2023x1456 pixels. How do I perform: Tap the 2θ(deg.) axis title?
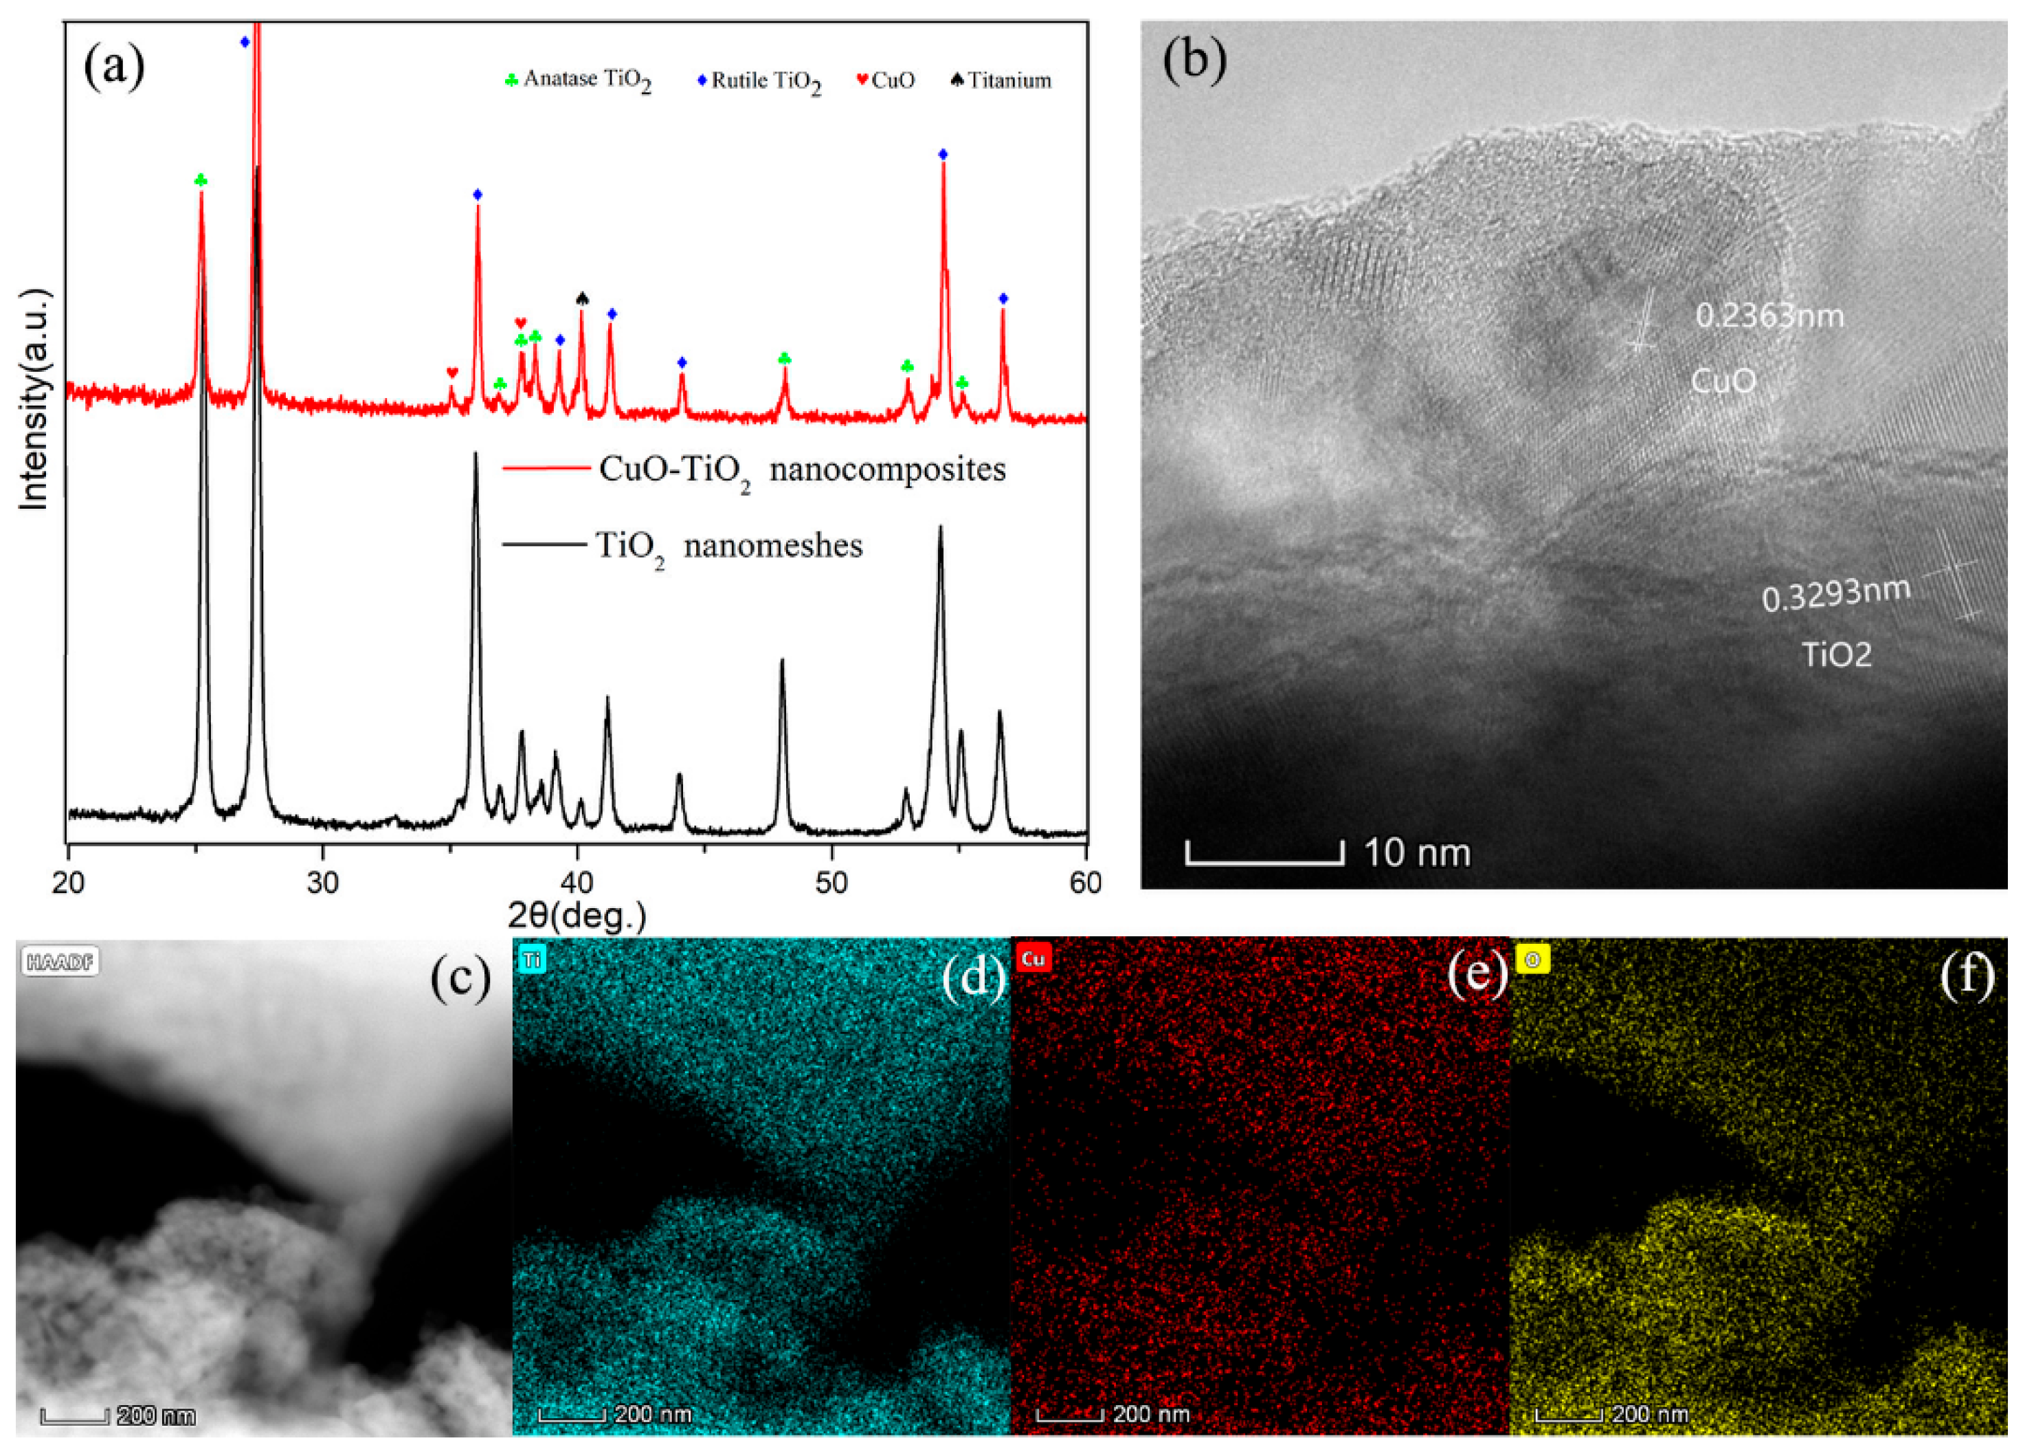[577, 916]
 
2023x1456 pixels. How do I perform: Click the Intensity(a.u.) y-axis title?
[34, 399]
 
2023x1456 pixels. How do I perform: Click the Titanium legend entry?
[1001, 81]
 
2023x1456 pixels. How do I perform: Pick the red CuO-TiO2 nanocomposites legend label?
[801, 470]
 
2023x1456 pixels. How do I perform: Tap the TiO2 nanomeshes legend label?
[728, 546]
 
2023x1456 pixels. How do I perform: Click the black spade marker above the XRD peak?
[583, 298]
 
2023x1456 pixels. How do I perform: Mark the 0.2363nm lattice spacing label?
[1769, 316]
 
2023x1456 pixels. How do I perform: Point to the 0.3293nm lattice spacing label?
[1835, 594]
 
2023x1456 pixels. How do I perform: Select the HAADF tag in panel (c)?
[60, 962]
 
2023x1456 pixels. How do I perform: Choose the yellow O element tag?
[1532, 960]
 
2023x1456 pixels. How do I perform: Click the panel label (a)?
[114, 67]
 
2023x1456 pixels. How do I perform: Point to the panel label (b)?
[1194, 60]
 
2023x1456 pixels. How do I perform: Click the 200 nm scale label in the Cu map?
[1150, 1414]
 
